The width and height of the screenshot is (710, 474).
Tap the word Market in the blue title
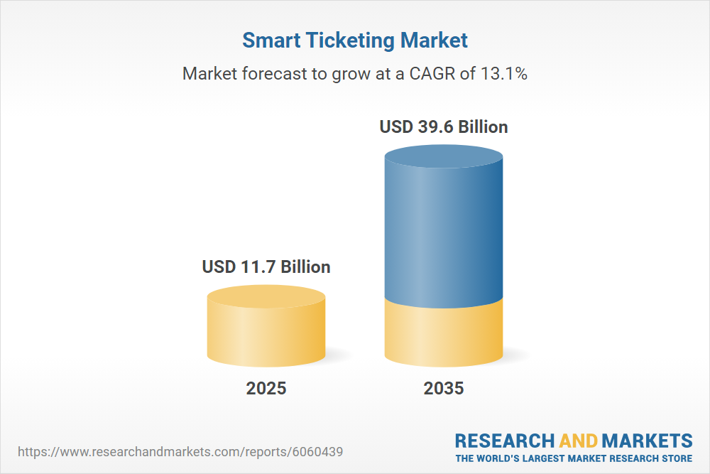434,41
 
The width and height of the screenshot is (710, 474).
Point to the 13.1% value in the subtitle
503,73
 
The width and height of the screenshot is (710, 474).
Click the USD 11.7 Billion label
266,267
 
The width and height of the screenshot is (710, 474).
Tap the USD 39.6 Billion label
444,127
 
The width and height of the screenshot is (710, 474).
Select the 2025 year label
266,388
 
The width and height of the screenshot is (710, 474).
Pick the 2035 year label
444,388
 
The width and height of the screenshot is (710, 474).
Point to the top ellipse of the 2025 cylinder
266,296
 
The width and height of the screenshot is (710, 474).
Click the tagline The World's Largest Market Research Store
574,458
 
